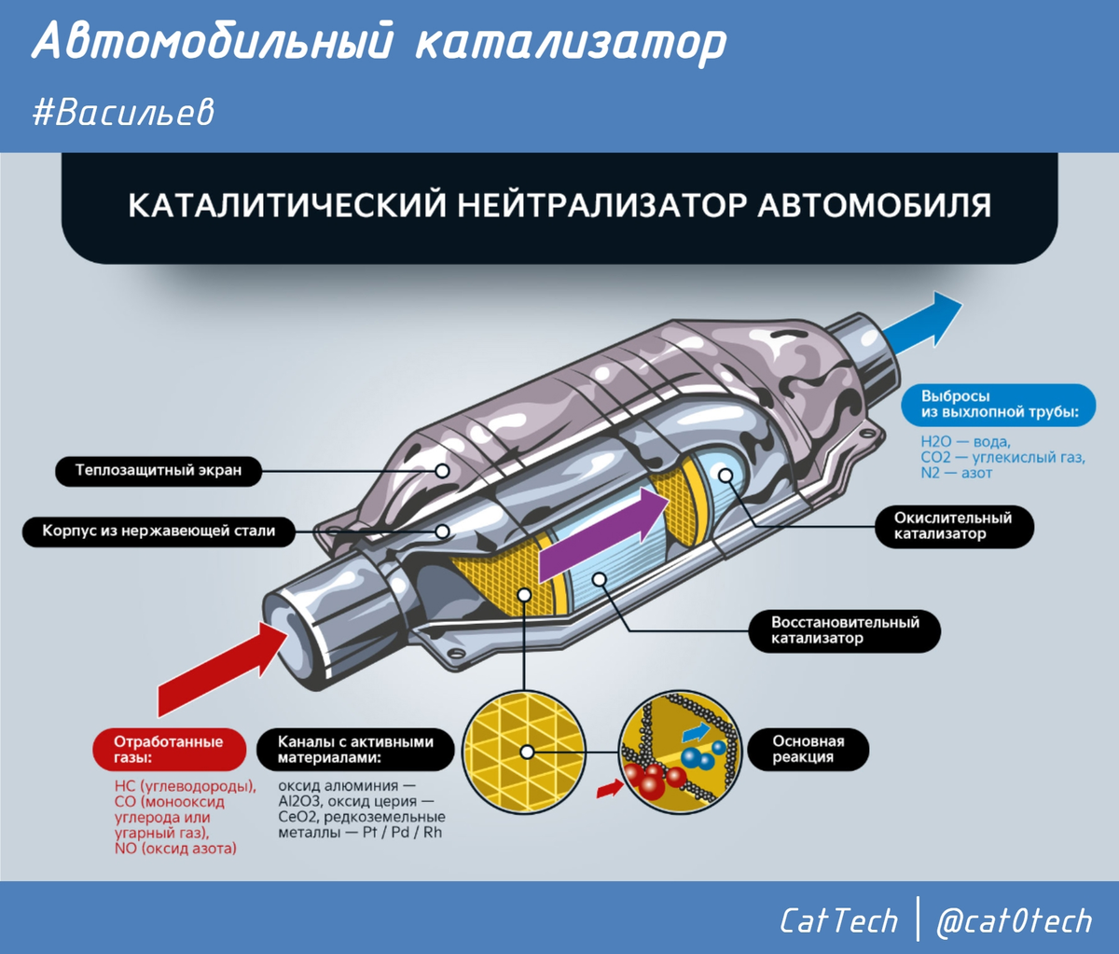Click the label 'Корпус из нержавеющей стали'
click(159, 532)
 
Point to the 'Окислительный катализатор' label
click(952, 526)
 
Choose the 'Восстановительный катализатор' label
click(845, 630)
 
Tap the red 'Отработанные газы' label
click(169, 750)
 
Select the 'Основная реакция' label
click(808, 750)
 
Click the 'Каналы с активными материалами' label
click(355, 750)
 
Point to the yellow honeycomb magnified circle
click(524, 751)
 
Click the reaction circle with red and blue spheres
click(682, 751)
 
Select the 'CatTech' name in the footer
click(838, 921)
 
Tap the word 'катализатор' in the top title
click(570, 43)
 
